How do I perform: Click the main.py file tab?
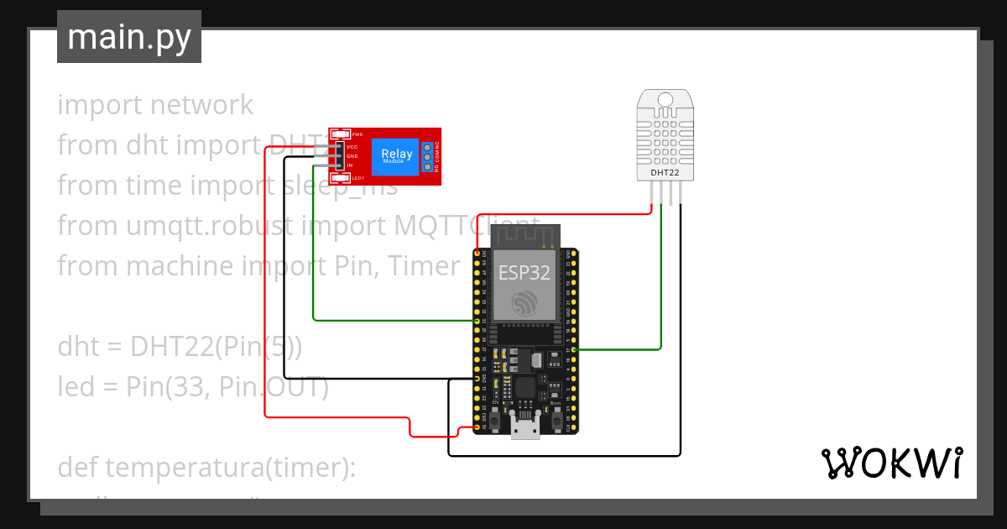129,37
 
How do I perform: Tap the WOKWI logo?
891,464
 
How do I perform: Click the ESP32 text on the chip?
524,272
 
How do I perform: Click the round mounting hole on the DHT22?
665,101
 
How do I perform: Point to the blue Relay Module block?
396,155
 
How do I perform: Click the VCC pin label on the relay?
352,147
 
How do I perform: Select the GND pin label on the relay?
352,156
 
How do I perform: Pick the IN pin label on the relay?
350,165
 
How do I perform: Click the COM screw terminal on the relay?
427,156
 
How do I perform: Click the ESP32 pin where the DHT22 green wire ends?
573,348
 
